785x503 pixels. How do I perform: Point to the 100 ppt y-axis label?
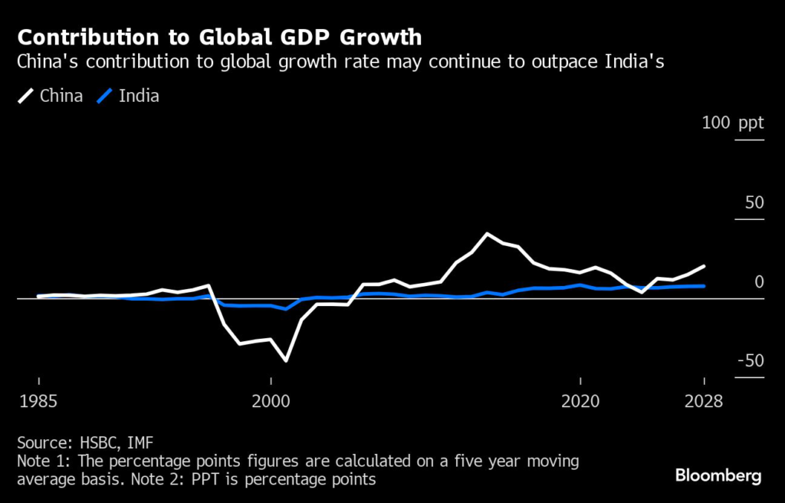tap(734, 123)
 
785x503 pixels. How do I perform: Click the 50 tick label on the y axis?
tap(754, 202)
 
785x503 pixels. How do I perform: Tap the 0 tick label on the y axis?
tap(759, 281)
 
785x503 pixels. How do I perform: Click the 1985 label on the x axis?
tap(38, 402)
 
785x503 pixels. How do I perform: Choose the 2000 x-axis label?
tap(271, 402)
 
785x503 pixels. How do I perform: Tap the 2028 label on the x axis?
tap(704, 402)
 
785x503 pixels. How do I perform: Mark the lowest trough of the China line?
tap(287, 360)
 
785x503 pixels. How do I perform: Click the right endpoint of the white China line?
tap(705, 266)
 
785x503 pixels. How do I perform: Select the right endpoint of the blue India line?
tap(705, 286)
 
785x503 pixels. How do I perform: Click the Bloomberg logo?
tap(718, 476)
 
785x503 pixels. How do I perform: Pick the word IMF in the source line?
tap(140, 442)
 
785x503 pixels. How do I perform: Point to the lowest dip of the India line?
tap(287, 309)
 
